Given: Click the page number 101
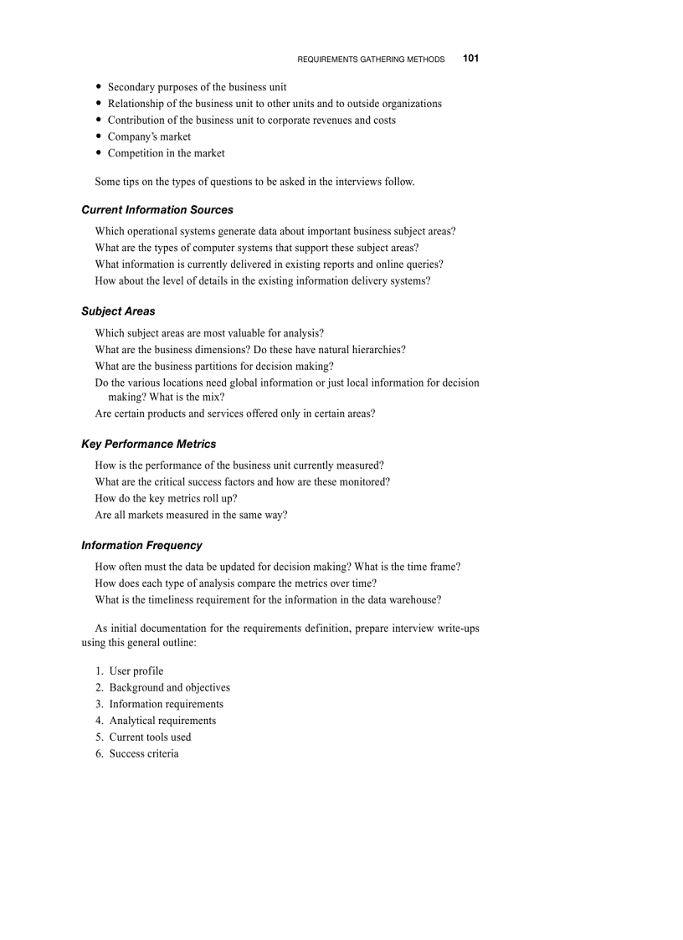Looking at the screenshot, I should pyautogui.click(x=470, y=59).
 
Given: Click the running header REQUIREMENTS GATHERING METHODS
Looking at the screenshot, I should pyautogui.click(x=371, y=59).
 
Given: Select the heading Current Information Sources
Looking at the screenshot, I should pyautogui.click(x=157, y=210).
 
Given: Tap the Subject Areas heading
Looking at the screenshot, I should pyautogui.click(x=118, y=311).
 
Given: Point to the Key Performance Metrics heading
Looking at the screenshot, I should pyautogui.click(x=148, y=444).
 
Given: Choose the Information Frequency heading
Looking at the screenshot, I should pyautogui.click(x=141, y=546).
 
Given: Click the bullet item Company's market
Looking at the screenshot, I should pyautogui.click(x=149, y=136).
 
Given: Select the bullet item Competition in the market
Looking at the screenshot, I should pyautogui.click(x=166, y=153).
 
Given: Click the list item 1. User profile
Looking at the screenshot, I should pyautogui.click(x=129, y=671).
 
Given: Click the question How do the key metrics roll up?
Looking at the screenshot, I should pyautogui.click(x=166, y=499).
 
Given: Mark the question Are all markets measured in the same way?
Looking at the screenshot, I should pyautogui.click(x=191, y=516).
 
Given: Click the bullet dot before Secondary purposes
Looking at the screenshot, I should pyautogui.click(x=99, y=87).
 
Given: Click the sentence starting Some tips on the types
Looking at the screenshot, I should pyautogui.click(x=254, y=182).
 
